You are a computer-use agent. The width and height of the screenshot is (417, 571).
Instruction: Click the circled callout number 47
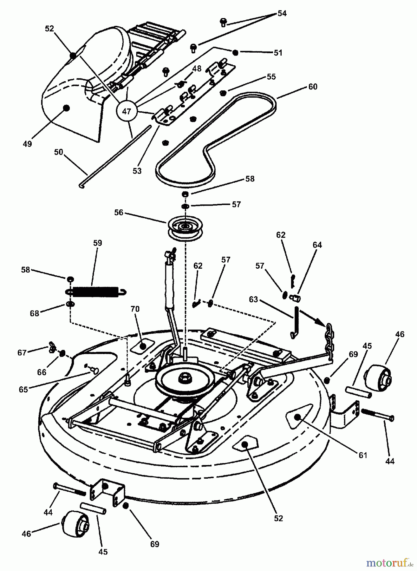[127, 111]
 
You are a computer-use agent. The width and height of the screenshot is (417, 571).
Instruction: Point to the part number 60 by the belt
[312, 87]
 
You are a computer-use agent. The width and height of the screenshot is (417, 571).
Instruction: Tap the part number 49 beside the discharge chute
[28, 144]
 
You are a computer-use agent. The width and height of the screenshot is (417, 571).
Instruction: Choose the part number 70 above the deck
[135, 309]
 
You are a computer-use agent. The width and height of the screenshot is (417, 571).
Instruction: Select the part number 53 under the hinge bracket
[137, 171]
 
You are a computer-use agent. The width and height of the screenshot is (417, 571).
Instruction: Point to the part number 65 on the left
[23, 389]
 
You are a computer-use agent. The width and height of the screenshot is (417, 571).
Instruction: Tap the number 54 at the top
[282, 13]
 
